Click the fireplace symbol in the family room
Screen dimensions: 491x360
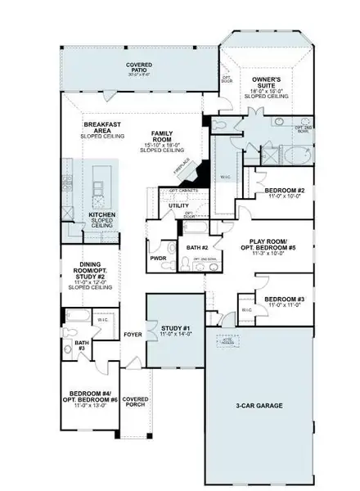pyautogui.click(x=182, y=167)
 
